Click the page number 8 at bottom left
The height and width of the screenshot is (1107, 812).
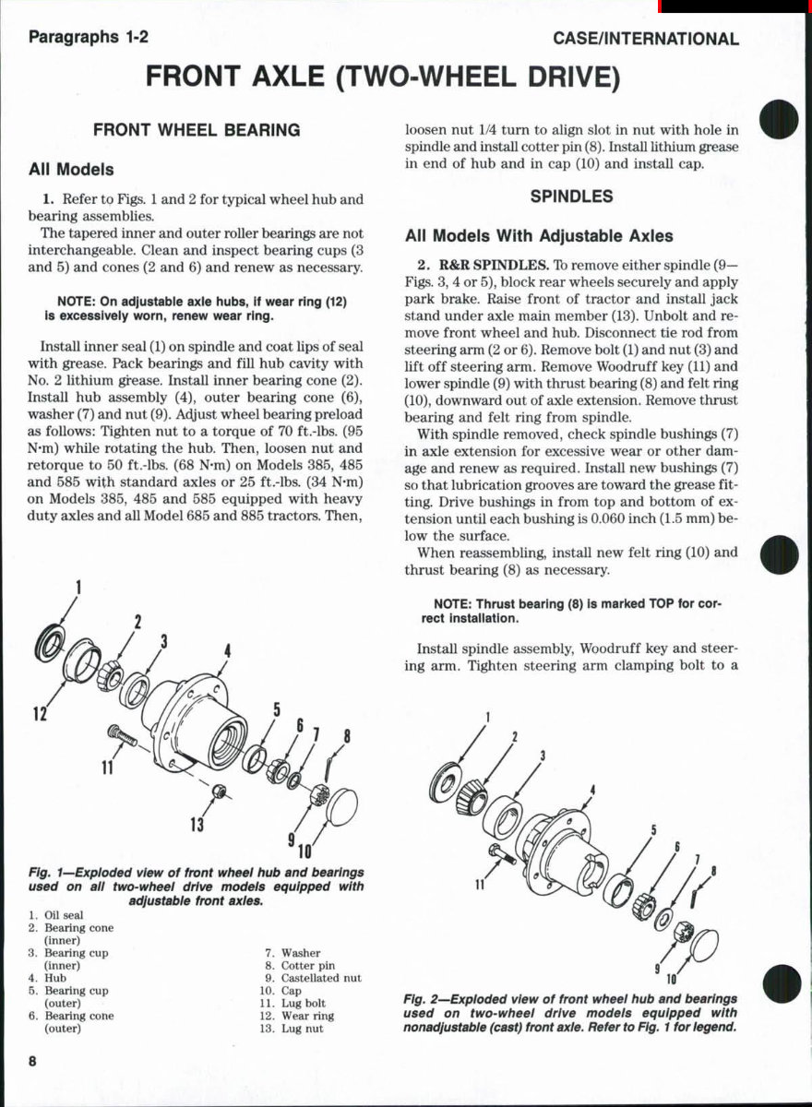point(32,1061)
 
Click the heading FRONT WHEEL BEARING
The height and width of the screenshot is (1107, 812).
point(197,130)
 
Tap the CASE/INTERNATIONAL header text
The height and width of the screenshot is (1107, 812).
point(646,39)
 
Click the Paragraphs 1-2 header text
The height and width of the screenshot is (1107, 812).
point(89,38)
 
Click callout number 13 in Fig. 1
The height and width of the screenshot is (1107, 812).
point(196,824)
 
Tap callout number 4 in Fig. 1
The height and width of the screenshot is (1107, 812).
point(226,652)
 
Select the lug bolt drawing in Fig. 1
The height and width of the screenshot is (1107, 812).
point(123,734)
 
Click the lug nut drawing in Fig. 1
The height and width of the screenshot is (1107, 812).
point(220,792)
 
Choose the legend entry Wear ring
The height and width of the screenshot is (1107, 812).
point(307,1016)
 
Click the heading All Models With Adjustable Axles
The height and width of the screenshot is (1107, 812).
point(539,235)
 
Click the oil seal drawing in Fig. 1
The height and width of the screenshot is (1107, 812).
point(51,642)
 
